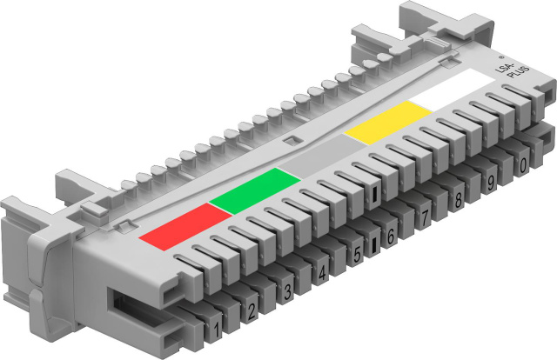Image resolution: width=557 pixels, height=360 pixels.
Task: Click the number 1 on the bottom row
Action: [217, 330]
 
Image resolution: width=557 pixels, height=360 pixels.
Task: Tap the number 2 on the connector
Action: [252, 311]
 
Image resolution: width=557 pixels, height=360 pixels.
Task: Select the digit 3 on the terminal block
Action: [287, 292]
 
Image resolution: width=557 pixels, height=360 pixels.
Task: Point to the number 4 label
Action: [322, 273]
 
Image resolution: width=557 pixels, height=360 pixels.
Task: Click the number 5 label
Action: [357, 254]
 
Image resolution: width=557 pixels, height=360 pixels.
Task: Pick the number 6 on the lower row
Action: [391, 237]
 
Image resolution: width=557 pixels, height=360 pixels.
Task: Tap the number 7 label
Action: [424, 219]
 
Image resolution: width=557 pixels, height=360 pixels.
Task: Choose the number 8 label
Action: [459, 200]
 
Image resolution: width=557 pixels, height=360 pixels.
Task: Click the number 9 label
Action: [491, 183]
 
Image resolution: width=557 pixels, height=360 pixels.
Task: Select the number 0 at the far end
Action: [523, 166]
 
